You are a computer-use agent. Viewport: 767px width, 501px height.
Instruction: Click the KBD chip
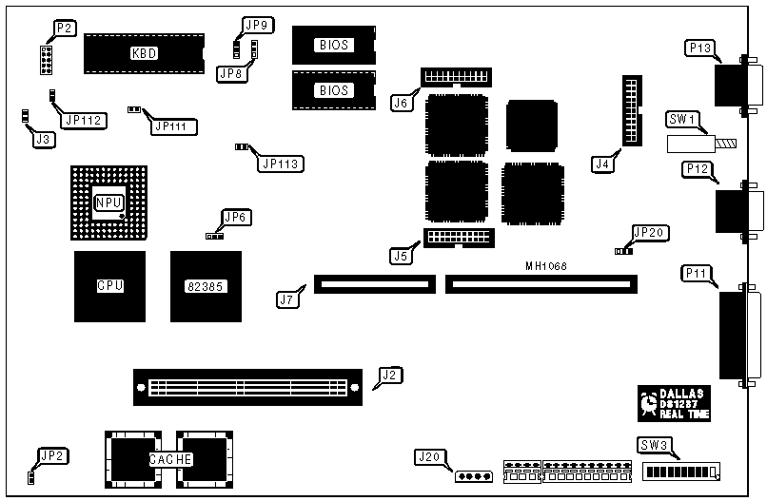click(144, 53)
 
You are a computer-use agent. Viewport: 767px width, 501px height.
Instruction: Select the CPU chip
click(110, 285)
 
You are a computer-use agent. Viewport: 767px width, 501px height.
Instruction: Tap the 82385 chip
click(206, 285)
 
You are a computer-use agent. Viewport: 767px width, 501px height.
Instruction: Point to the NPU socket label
click(108, 203)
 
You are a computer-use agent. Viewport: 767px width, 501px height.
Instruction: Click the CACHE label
click(171, 459)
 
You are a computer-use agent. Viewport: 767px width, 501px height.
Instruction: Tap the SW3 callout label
click(653, 445)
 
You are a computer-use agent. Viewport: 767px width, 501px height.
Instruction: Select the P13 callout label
click(699, 48)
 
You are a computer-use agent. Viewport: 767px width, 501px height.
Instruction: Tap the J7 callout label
click(286, 299)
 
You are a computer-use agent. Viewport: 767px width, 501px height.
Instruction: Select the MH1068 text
click(546, 266)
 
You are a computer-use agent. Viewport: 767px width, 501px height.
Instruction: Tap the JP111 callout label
click(170, 125)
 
